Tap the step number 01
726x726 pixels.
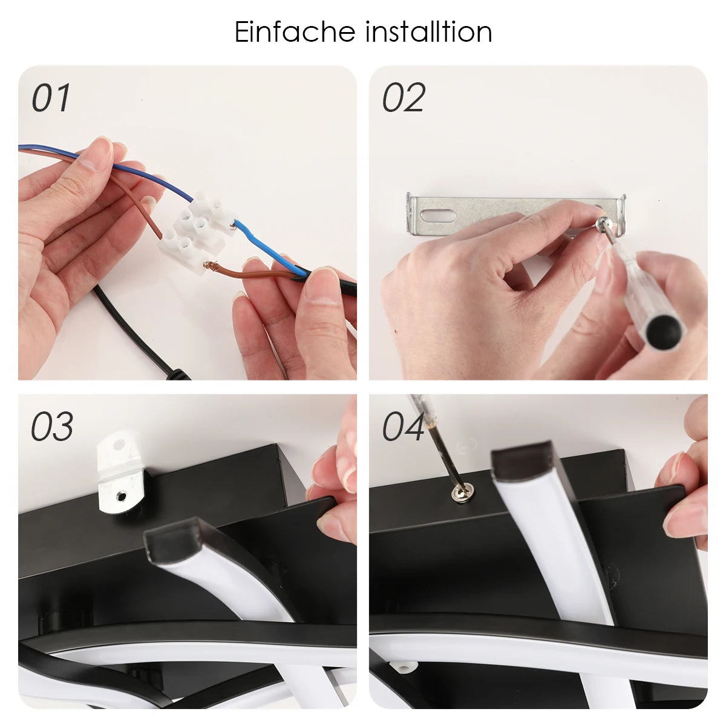pyautogui.click(x=51, y=97)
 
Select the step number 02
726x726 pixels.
pyautogui.click(x=404, y=97)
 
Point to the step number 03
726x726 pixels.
pyautogui.click(x=52, y=427)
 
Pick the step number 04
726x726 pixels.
pyautogui.click(x=403, y=427)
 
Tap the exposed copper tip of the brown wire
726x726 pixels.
pyautogui.click(x=209, y=267)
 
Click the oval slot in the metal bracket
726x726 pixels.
pyautogui.click(x=439, y=216)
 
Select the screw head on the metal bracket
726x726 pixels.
pyautogui.click(x=601, y=225)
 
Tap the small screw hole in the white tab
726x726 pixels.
pyautogui.click(x=121, y=497)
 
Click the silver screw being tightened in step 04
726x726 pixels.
pyautogui.click(x=463, y=491)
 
